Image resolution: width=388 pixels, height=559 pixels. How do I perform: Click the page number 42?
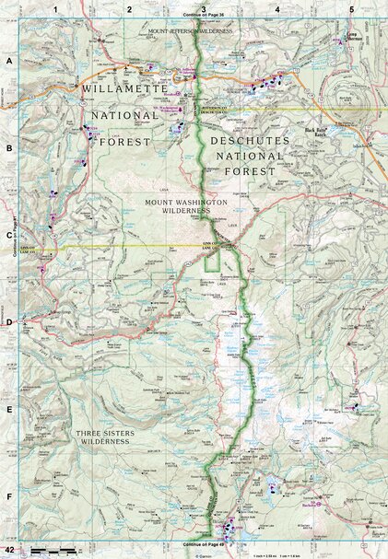click(8, 550)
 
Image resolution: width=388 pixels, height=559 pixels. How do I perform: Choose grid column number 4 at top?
click(276, 9)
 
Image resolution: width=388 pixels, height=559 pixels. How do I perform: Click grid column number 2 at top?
click(129, 9)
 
